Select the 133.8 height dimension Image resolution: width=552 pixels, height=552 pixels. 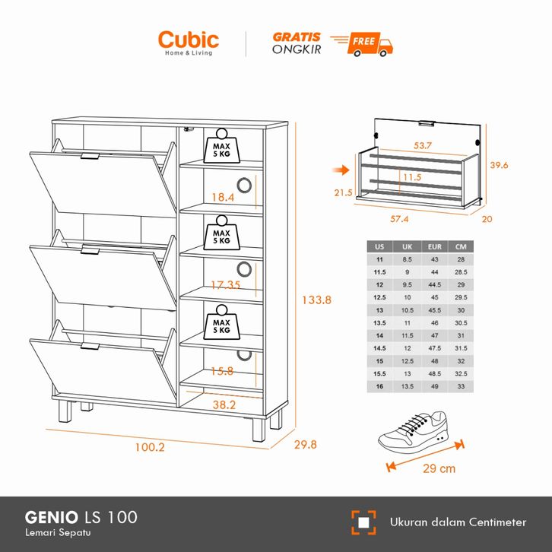point(316,300)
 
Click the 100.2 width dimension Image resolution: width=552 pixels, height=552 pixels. point(149,447)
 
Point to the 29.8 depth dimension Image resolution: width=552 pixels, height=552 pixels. point(304,445)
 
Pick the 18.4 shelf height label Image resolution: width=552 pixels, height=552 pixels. point(223,197)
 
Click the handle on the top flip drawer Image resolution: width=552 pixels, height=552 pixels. point(90,157)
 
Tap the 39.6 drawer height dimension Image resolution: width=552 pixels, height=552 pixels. point(499,165)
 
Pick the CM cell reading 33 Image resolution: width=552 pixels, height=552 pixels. point(461,386)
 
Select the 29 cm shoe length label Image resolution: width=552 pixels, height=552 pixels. point(439,468)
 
